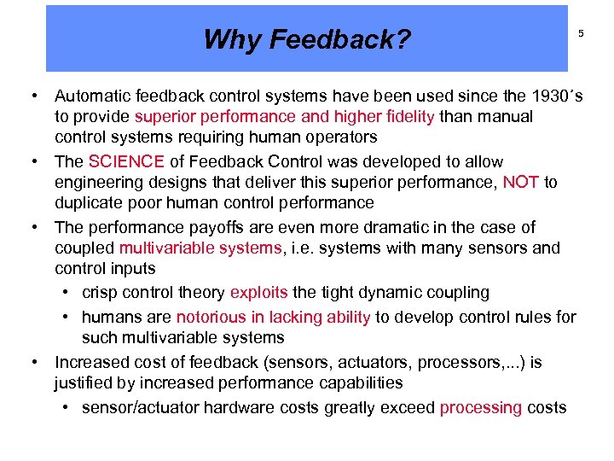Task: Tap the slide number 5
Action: tap(581, 34)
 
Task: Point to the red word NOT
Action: tap(520, 182)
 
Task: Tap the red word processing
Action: tap(480, 407)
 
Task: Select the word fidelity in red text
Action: tap(404, 116)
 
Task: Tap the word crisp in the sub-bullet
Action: tap(101, 292)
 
